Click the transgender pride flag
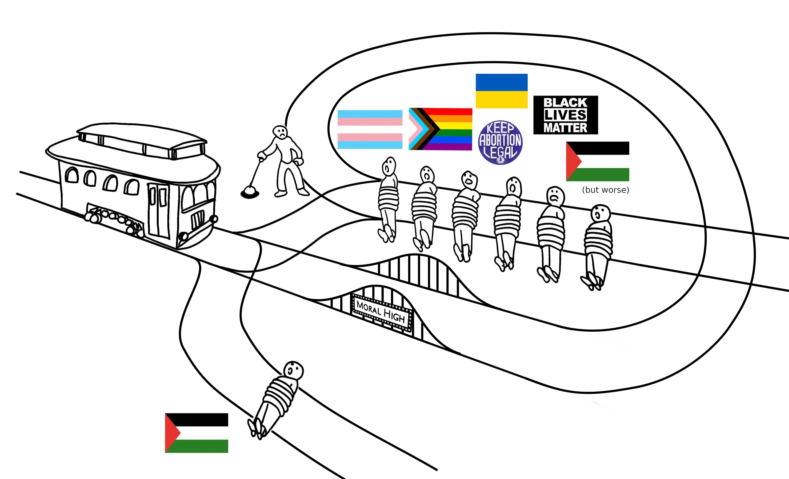coord(370,129)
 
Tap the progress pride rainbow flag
coord(440,129)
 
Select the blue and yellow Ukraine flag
coord(501,91)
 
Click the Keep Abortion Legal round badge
coord(500,142)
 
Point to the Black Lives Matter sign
coord(565,115)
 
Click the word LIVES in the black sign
coord(565,115)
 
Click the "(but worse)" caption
coord(605,190)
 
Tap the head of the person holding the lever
coord(280,132)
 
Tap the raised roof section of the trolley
coord(141,141)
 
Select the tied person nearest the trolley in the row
coord(388,199)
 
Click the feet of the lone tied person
coord(256,428)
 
